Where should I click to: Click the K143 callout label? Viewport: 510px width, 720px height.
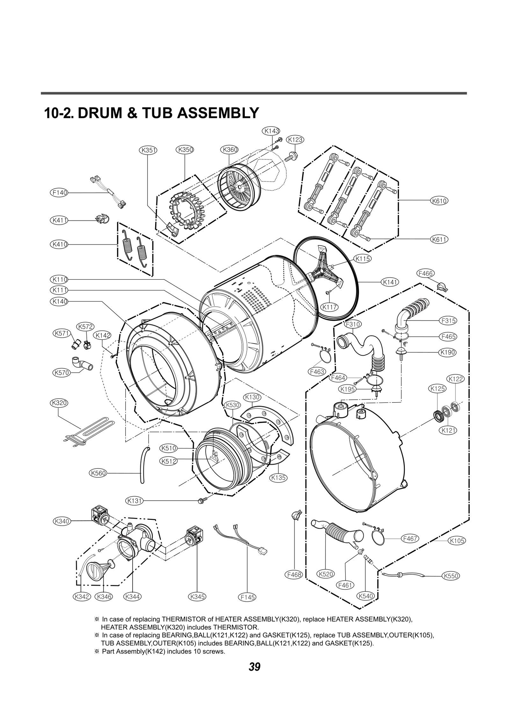(x=271, y=131)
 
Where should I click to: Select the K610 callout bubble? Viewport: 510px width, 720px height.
(x=439, y=201)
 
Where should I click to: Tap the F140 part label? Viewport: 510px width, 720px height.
(x=59, y=193)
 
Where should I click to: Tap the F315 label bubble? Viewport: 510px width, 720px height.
(x=448, y=321)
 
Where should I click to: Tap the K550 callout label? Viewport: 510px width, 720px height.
(x=451, y=576)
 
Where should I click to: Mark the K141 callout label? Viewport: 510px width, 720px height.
(x=390, y=282)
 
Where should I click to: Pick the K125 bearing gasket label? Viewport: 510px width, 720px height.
(x=437, y=389)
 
